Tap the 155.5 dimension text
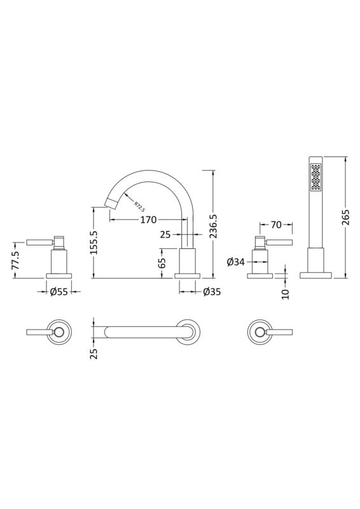94,242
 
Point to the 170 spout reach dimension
148,220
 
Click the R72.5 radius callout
138,207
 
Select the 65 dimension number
162,261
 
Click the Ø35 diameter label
211,292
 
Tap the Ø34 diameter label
235,261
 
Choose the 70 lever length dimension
277,224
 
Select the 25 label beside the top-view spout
93,353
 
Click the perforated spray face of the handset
314,178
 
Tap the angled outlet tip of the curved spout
112,204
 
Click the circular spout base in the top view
188,331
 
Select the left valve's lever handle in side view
38,242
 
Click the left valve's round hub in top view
59,331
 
